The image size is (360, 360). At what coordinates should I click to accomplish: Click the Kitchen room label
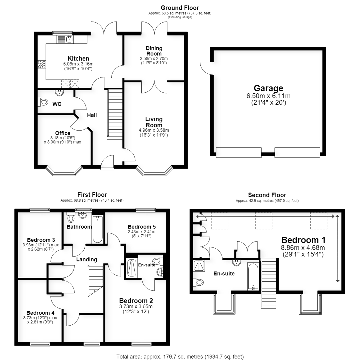coord(78,59)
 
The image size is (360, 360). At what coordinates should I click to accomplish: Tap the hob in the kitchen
coord(42,64)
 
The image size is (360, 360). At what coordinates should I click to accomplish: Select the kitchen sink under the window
coord(65,39)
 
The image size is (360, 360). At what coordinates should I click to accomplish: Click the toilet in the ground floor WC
coord(43,102)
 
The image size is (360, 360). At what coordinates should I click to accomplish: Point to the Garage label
coord(268,88)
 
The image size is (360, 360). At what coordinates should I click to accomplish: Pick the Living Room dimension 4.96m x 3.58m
coord(154,130)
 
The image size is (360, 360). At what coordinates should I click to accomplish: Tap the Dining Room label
coord(154,51)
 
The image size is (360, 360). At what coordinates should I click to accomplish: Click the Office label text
coord(63,133)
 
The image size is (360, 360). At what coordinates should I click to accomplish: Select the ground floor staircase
coord(115,114)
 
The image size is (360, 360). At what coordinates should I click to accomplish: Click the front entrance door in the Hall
coord(107,162)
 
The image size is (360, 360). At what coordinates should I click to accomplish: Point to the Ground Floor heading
coord(180,8)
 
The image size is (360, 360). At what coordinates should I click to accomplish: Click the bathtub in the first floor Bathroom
coord(98,229)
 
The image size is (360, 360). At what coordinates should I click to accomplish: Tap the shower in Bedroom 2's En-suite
coord(132,268)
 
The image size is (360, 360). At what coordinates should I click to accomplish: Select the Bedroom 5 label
coord(142,227)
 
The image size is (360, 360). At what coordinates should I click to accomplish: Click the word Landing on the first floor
coord(87,259)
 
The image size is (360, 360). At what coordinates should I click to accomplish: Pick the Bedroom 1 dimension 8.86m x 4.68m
coord(303,248)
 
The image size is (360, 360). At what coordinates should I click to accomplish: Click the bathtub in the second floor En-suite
coord(253,276)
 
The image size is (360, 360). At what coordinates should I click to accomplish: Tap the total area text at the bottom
coord(180,357)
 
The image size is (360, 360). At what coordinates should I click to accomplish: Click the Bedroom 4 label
coord(40,313)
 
